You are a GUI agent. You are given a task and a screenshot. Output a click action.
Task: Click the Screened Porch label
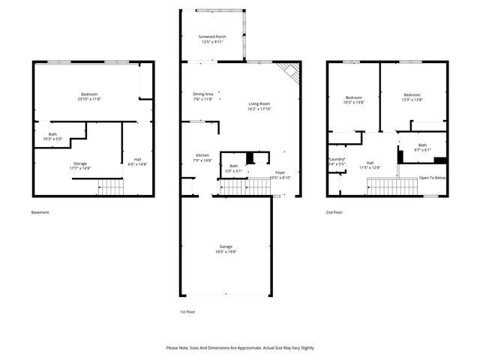click(x=212, y=39)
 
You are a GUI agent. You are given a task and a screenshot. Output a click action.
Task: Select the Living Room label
click(x=259, y=106)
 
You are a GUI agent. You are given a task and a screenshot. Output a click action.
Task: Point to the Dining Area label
click(x=203, y=96)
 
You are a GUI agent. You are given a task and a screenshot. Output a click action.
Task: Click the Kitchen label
click(x=202, y=157)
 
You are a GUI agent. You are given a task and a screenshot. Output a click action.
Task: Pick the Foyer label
click(x=280, y=175)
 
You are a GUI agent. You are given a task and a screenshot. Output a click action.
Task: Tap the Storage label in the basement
click(x=80, y=166)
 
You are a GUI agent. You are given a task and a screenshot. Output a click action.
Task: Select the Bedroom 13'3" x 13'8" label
click(x=412, y=97)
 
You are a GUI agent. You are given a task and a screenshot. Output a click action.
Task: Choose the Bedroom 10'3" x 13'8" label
click(x=354, y=100)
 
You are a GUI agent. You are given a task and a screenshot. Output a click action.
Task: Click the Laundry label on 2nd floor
click(x=336, y=161)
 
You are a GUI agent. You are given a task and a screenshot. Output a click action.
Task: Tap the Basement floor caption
click(x=40, y=212)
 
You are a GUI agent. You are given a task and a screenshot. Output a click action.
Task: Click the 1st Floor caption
click(x=187, y=311)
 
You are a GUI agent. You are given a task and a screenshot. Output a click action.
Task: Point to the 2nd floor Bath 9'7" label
click(x=422, y=147)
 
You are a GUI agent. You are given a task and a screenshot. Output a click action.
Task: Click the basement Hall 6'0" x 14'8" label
click(x=136, y=161)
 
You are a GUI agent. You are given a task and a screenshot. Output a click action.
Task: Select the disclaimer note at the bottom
click(x=240, y=348)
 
